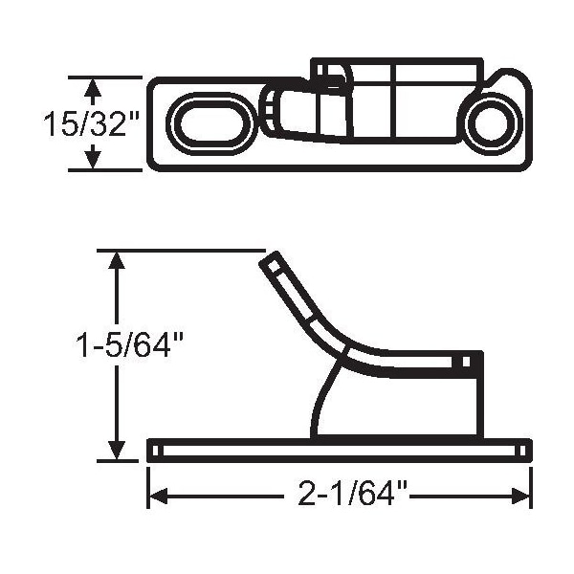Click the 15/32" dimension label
pos(92,123)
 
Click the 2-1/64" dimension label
pos(347,493)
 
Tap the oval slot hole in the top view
pos(210,123)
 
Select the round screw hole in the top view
pos(491,123)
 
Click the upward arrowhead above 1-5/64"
pos(117,260)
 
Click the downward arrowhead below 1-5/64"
pos(117,451)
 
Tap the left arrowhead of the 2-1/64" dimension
pos(158,497)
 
